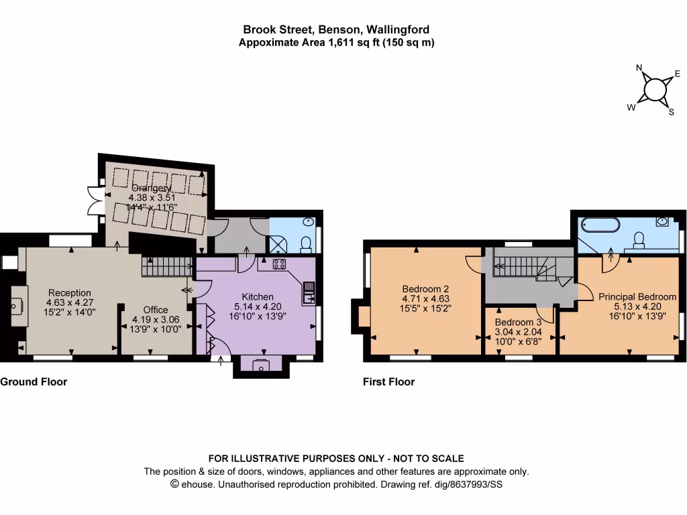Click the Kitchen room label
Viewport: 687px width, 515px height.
click(x=258, y=296)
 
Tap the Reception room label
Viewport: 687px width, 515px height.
click(x=70, y=292)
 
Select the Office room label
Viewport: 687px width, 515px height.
click(x=156, y=310)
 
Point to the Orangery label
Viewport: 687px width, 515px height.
click(x=151, y=188)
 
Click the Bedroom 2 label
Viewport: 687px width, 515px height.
click(x=425, y=289)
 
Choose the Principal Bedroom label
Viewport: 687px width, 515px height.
click(x=637, y=296)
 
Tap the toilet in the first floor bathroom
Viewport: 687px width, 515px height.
click(x=639, y=239)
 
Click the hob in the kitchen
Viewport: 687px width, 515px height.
click(x=279, y=264)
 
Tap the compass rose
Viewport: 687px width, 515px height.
click(x=655, y=90)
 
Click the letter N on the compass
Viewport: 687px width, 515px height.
click(x=639, y=68)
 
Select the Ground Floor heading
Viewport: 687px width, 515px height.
click(x=34, y=382)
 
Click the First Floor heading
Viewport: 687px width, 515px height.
click(x=389, y=382)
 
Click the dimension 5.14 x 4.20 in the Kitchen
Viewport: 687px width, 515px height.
click(x=258, y=306)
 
